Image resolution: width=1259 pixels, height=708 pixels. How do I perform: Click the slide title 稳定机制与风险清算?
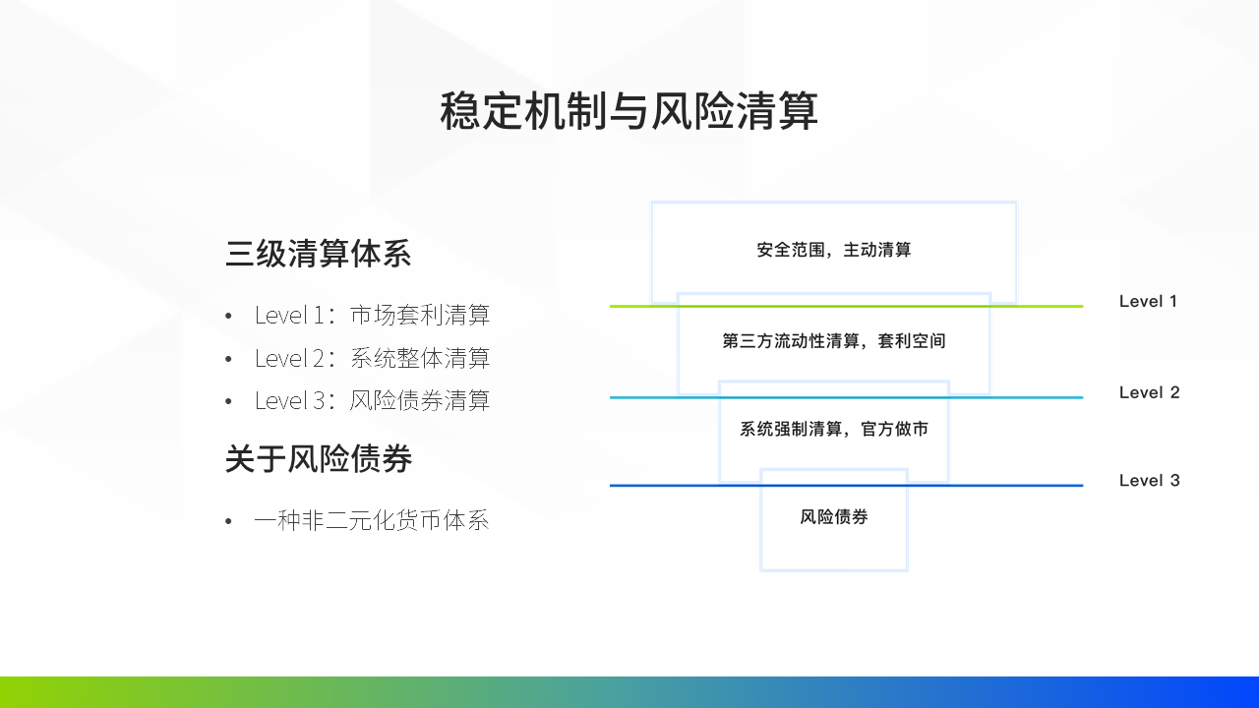coord(629,111)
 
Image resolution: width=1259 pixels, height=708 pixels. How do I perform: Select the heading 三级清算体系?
coord(318,254)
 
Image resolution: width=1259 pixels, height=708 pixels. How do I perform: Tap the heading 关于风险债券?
coord(318,458)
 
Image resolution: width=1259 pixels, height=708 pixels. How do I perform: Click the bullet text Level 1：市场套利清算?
coord(372,315)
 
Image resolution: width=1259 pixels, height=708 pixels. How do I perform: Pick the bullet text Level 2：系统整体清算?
coord(372,358)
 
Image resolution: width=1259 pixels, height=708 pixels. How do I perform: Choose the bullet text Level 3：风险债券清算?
coord(372,400)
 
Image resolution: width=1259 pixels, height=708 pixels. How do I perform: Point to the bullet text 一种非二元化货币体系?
coord(372,520)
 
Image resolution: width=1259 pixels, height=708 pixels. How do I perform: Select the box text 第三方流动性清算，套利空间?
coord(833,340)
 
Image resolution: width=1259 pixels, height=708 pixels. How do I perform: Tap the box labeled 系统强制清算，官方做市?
coord(833,430)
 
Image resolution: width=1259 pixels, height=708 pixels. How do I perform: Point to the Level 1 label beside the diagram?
coord(1148,301)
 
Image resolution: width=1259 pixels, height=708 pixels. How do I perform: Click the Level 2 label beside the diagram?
coord(1149,392)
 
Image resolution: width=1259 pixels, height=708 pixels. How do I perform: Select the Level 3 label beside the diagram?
coord(1149,481)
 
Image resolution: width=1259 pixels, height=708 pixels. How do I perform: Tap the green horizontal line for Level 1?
coord(847,306)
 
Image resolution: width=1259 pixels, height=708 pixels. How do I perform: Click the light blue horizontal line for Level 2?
coord(847,397)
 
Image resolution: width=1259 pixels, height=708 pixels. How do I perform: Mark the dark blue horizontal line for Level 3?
coord(847,486)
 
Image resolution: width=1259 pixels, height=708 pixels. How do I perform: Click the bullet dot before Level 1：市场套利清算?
coord(228,316)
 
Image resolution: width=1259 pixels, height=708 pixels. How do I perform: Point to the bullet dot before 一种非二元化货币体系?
coord(228,521)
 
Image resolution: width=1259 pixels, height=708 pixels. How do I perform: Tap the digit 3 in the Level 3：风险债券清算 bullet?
coord(319,401)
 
